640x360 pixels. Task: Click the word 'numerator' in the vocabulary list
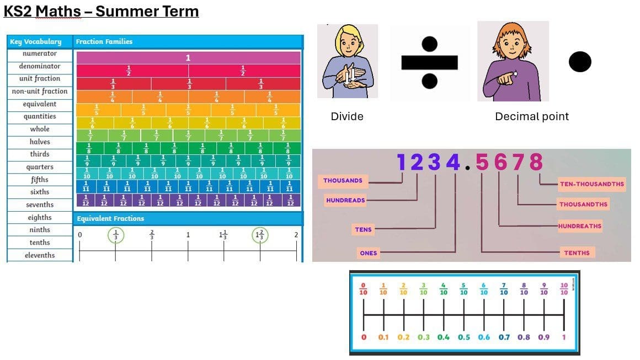point(40,53)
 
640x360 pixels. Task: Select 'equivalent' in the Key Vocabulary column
point(40,104)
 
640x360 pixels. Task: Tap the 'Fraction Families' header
point(104,41)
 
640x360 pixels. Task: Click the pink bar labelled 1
point(188,58)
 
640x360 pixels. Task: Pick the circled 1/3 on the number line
point(115,235)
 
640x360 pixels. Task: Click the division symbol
point(429,62)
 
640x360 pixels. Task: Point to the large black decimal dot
point(579,62)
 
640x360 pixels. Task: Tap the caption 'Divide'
point(347,116)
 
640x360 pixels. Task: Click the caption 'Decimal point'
point(531,116)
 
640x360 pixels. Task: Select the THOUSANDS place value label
point(343,180)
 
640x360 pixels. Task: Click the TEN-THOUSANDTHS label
point(591,184)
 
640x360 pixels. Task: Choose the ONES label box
point(368,253)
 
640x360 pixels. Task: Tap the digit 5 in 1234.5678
point(482,162)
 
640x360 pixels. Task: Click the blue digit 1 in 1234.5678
point(402,162)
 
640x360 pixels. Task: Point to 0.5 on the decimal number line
point(463,337)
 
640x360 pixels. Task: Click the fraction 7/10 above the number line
point(504,289)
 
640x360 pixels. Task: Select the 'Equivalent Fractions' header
point(110,219)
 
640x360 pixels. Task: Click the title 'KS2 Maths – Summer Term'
point(101,11)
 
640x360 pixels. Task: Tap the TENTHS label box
point(577,253)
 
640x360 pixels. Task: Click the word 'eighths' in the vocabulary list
point(40,218)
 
